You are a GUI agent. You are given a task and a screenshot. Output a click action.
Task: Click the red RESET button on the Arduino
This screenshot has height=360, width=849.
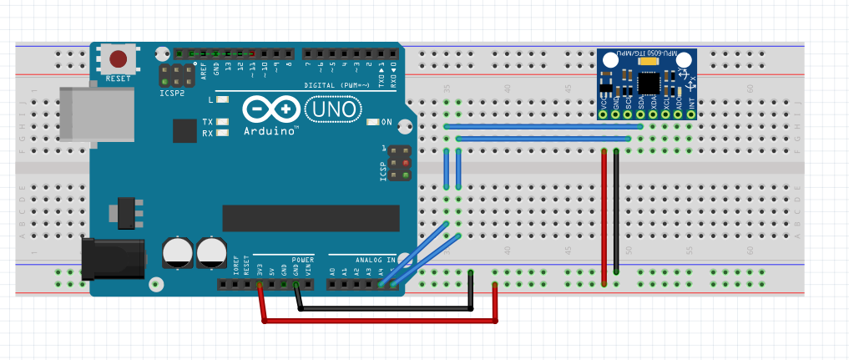click(119, 59)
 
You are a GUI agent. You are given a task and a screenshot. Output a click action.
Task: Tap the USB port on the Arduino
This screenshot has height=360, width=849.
click(97, 114)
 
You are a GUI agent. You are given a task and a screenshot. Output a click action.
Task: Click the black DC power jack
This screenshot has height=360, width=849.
click(112, 257)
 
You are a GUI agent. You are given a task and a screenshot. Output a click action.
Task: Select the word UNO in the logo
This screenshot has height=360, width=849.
click(334, 109)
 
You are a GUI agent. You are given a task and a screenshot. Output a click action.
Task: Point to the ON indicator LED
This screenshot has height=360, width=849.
click(373, 122)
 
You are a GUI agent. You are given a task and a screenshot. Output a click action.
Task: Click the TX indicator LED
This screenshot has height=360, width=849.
click(222, 122)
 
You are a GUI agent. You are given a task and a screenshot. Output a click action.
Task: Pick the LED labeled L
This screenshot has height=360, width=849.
click(222, 100)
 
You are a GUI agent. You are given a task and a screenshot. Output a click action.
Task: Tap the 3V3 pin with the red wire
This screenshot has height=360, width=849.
click(260, 285)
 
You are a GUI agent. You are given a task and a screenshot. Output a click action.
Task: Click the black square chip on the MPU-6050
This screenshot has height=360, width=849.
click(649, 81)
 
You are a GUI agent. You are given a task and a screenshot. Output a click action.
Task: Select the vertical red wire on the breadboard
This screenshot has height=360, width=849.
click(604, 217)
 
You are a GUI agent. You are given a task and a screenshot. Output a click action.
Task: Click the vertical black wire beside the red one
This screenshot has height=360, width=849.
click(616, 213)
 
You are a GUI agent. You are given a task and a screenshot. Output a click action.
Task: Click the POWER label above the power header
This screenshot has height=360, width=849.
click(303, 260)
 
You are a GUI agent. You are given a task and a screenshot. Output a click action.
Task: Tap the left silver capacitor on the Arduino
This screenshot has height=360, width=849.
click(178, 251)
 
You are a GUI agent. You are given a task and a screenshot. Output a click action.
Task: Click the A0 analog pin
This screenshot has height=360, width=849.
click(333, 285)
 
